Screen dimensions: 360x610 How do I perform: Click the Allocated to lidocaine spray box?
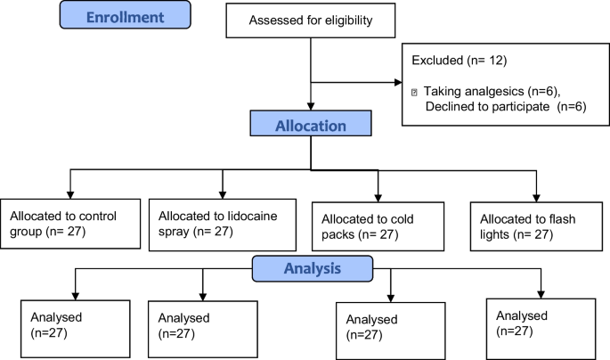coord(222,225)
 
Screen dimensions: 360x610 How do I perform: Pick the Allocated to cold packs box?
coord(378,227)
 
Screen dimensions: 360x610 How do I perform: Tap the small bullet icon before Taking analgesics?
coord(415,93)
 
